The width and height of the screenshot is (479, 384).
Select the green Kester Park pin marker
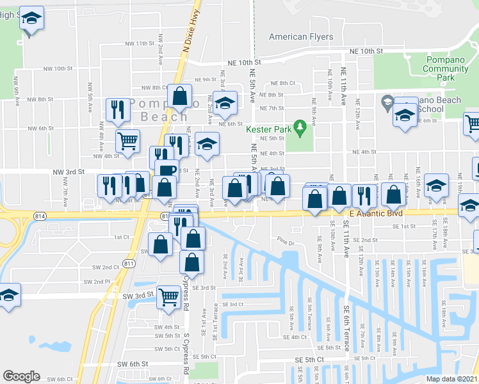[298, 127]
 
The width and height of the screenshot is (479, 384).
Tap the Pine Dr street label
[286, 243]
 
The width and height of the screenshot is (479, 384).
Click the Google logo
[21, 376]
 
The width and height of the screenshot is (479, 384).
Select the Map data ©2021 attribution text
[452, 378]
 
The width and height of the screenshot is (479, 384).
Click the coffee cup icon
[167, 170]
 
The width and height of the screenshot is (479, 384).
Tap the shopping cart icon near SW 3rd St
[169, 296]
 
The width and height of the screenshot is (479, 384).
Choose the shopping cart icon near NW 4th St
[127, 140]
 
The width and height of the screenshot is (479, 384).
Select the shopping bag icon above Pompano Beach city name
[180, 96]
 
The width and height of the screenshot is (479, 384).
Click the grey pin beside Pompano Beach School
[387, 101]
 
